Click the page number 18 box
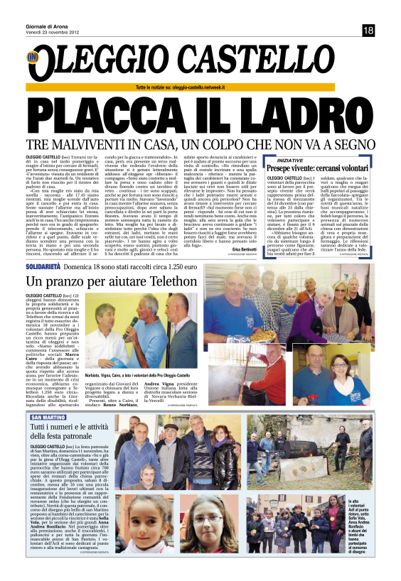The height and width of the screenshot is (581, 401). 368,31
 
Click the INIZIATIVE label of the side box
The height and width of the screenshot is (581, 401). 278,161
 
